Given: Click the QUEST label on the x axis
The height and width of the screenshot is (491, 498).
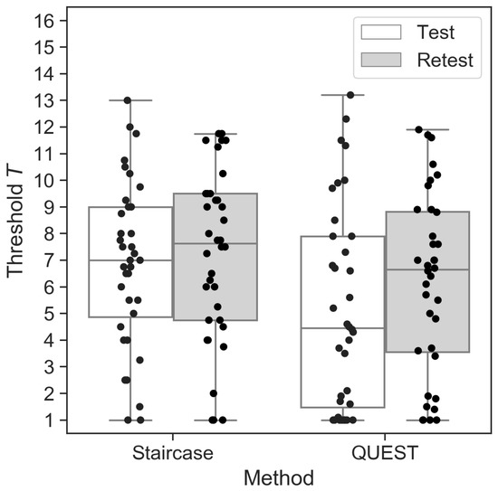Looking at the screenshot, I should [384, 449].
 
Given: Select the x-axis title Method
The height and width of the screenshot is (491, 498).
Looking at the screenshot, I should [279, 476].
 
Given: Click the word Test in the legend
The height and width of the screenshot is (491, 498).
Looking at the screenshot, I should [436, 33].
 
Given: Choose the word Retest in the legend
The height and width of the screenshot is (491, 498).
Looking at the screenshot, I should [445, 61].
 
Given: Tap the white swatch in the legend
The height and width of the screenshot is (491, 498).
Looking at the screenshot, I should [381, 33].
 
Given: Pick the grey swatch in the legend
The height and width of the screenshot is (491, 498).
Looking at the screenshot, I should [381, 61].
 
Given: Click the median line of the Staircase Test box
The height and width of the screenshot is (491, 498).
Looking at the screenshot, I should [130, 260].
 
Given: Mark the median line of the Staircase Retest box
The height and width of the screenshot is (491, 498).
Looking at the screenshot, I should [215, 243].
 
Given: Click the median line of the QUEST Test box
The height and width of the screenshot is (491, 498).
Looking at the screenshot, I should [342, 328].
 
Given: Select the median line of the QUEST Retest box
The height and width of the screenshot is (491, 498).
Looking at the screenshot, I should [426, 269].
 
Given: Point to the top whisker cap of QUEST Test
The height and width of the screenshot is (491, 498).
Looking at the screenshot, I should [342, 94].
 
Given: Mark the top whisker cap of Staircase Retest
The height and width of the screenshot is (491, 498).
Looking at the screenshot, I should [215, 134].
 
